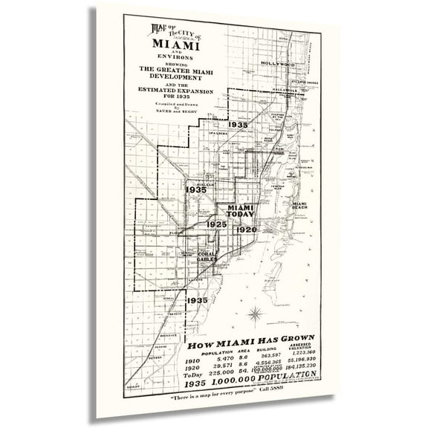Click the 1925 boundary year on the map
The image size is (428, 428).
coord(216,224)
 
